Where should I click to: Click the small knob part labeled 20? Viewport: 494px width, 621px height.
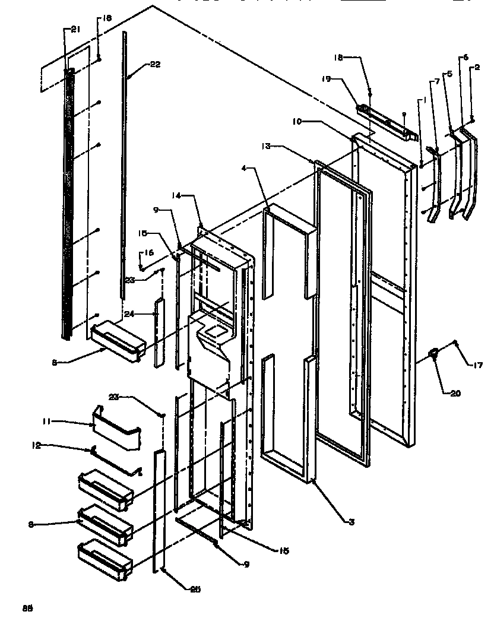point(435,354)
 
